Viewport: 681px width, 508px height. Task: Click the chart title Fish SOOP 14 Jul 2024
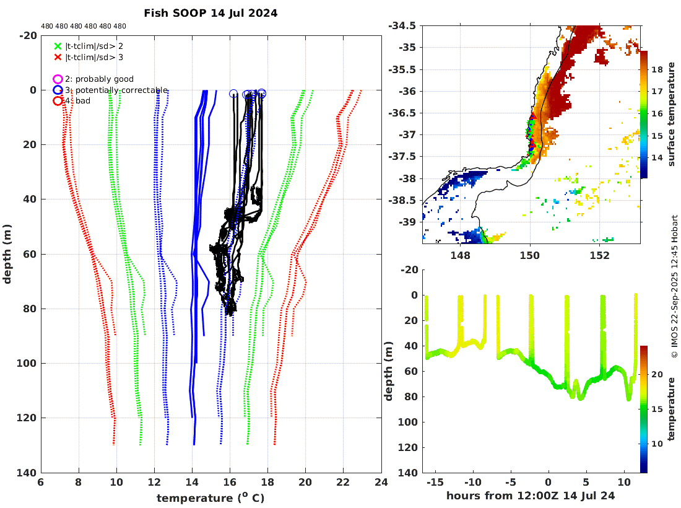point(210,13)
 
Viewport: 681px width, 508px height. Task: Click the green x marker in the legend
point(58,46)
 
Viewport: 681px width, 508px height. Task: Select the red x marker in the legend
point(58,57)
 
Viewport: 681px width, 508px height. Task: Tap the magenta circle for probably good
point(58,79)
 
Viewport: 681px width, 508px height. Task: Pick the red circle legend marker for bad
point(58,101)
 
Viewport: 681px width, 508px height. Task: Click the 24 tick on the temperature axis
point(381,483)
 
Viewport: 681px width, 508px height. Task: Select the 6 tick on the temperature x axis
point(41,483)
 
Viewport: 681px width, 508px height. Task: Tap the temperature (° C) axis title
point(210,498)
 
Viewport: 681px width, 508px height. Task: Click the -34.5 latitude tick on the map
point(402,26)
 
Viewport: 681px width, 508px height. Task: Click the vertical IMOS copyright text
point(674,286)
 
